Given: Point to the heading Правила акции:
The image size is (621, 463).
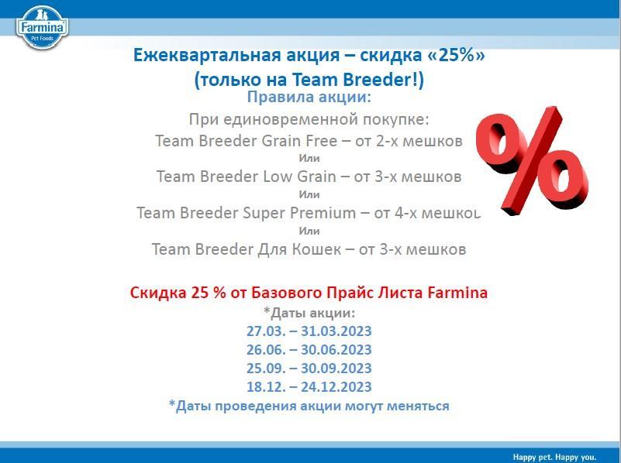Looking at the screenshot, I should pyautogui.click(x=309, y=98).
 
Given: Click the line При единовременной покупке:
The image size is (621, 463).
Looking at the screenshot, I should pyautogui.click(x=309, y=120).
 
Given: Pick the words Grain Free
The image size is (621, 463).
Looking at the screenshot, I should pyautogui.click(x=299, y=141).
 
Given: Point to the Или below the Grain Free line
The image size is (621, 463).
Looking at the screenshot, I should pyautogui.click(x=309, y=159).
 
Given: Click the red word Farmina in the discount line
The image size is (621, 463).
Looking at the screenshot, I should pyautogui.click(x=457, y=293).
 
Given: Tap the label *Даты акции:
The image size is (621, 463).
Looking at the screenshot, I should pyautogui.click(x=309, y=313).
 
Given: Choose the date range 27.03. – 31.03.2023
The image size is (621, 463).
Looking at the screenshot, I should pyautogui.click(x=309, y=331).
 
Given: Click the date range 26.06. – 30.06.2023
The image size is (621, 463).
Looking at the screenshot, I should pyautogui.click(x=309, y=350).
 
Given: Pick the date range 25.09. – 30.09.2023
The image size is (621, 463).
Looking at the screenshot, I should pyautogui.click(x=309, y=369).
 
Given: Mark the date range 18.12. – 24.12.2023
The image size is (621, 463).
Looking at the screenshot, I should pyautogui.click(x=309, y=387).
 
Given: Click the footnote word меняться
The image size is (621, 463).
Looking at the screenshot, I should pyautogui.click(x=418, y=406).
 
